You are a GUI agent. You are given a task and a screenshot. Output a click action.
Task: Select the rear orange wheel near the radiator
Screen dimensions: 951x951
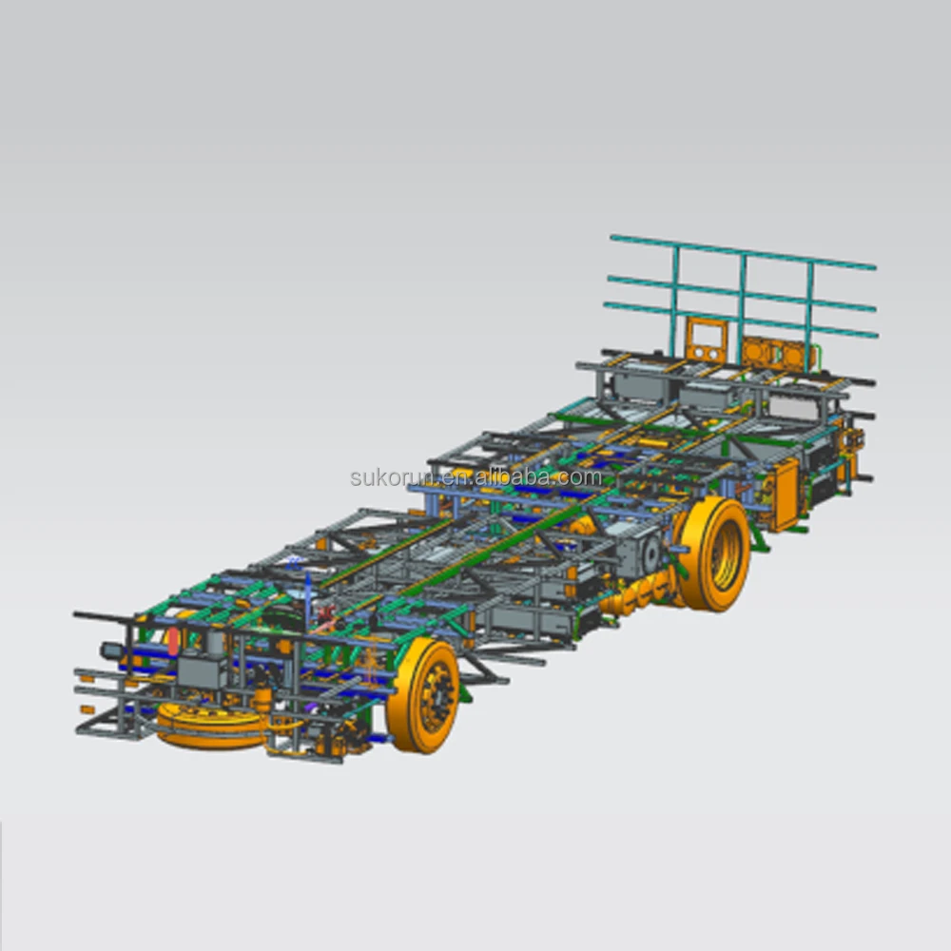[x=715, y=553]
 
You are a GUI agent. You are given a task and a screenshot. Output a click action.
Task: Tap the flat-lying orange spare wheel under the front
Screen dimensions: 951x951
[x=211, y=725]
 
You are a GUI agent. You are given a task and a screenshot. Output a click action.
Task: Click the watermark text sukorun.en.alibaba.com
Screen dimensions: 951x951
[x=475, y=477]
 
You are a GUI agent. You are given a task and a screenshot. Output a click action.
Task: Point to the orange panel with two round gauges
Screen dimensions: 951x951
[x=706, y=340]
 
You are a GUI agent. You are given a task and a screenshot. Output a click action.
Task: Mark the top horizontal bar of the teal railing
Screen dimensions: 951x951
[x=742, y=252]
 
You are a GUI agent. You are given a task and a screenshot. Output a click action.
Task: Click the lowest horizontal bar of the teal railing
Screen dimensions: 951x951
[x=742, y=320]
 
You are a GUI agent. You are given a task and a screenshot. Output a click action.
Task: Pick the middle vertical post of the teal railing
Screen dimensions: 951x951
[x=743, y=295]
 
